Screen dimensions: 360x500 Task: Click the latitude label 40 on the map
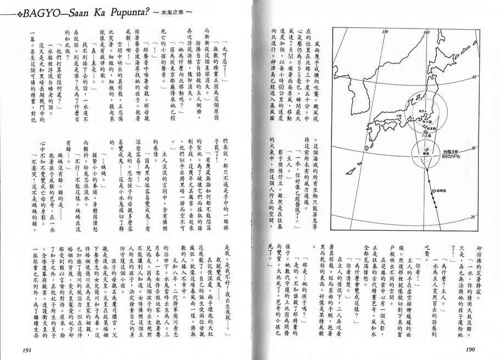[x=473, y=78]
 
